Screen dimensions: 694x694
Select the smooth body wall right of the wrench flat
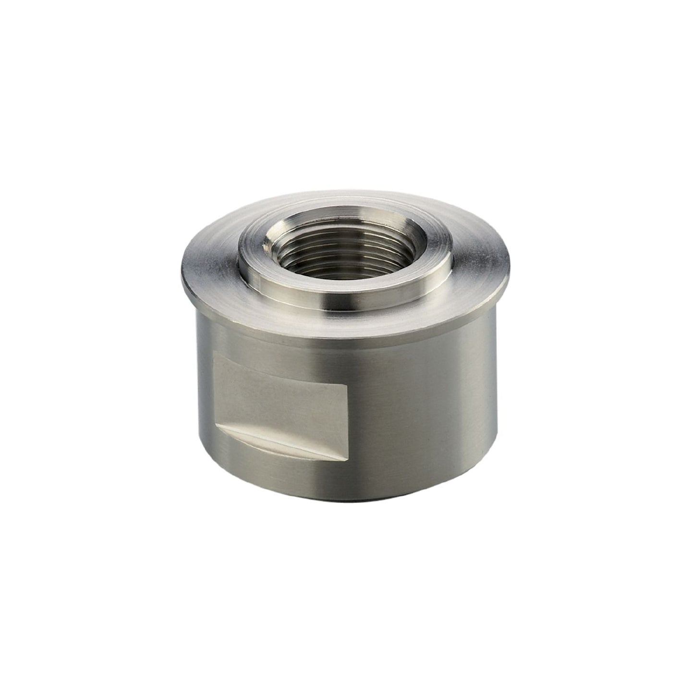[423, 408]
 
